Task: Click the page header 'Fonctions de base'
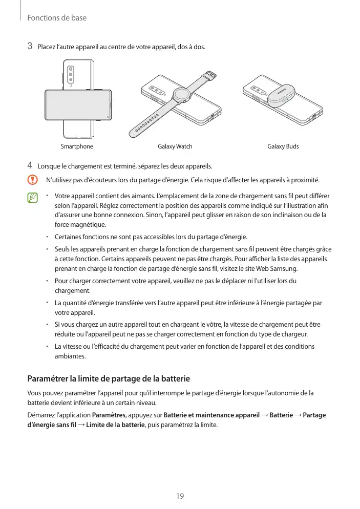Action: click(57, 18)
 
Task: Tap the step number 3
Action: click(30, 47)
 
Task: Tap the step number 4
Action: click(30, 166)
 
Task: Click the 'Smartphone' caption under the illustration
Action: click(77, 147)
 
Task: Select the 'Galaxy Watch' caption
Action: click(175, 147)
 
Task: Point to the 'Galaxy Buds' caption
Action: click(283, 147)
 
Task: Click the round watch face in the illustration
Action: click(180, 94)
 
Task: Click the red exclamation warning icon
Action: click(33, 180)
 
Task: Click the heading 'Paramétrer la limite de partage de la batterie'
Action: click(108, 379)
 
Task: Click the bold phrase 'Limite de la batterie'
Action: click(116, 425)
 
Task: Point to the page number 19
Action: click(180, 496)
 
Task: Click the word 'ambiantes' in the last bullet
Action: click(70, 356)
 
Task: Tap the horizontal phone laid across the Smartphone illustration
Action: click(79, 105)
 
